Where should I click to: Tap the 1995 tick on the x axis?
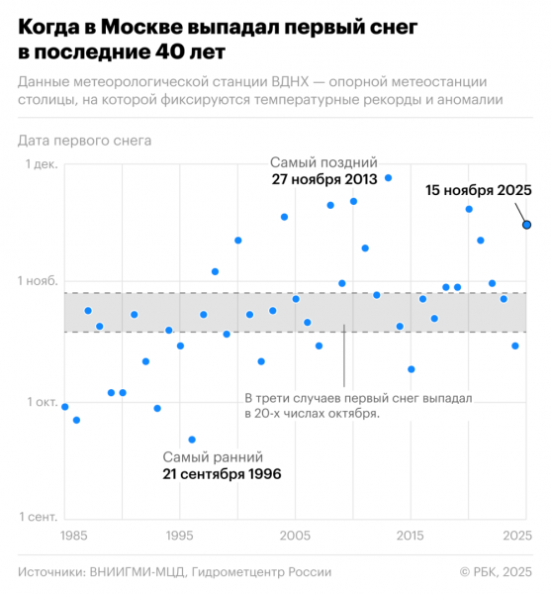coord(179,536)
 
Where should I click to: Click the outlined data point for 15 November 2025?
coord(527,225)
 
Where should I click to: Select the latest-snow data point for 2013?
coord(388,178)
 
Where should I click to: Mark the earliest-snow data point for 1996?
coord(192,440)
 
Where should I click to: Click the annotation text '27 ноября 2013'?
coord(325,179)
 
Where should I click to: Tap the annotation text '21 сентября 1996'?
coord(222,474)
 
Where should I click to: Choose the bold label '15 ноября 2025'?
coord(479,190)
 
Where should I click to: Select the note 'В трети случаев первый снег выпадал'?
coord(358,398)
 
